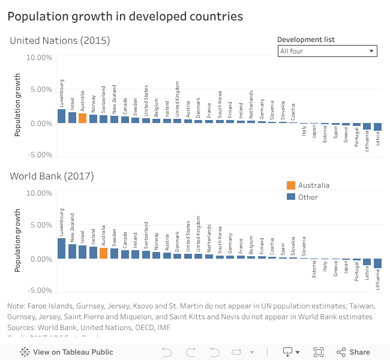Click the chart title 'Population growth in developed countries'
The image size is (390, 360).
point(125,17)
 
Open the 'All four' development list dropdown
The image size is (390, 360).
point(328,51)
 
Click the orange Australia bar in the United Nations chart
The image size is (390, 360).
point(82,118)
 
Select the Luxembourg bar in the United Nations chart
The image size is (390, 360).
point(62,116)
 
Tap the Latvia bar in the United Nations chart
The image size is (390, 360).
point(377,127)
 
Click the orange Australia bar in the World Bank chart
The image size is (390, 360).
point(103,253)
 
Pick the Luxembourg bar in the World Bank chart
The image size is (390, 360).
point(62,248)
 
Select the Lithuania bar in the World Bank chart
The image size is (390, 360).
point(377,263)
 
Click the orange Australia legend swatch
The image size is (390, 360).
point(291,185)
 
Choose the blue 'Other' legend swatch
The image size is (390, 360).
point(291,197)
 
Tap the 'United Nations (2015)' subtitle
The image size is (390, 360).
point(59,41)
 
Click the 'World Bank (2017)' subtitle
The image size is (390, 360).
point(51,176)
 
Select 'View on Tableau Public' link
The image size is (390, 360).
point(67,352)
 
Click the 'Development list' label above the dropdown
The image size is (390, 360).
point(306,40)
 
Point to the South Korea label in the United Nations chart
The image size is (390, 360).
point(220,104)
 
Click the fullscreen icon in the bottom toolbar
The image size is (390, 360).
point(319,352)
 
